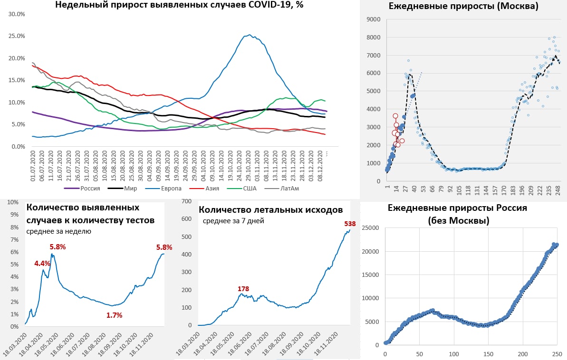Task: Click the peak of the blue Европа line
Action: pos(250,35)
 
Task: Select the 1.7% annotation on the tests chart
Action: pos(114,315)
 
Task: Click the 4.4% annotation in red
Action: pos(42,263)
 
